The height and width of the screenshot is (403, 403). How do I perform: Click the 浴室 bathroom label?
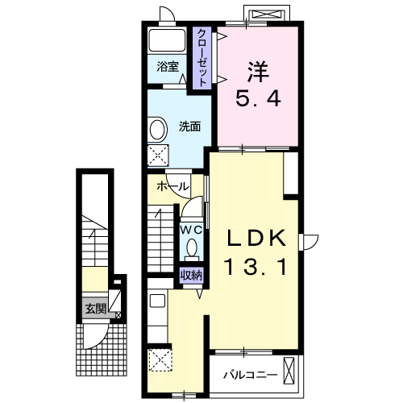point(168,67)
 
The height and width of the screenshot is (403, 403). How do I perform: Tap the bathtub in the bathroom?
point(167,40)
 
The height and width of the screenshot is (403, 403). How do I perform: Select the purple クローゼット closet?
point(202,58)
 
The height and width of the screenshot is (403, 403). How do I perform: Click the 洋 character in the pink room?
point(258,72)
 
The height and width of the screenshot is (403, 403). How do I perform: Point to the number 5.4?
point(258,98)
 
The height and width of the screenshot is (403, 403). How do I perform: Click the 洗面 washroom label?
point(190,127)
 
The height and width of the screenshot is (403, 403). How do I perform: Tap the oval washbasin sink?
point(157,130)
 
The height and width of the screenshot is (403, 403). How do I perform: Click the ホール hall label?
point(173,186)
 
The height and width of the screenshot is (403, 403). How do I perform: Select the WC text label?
point(191,230)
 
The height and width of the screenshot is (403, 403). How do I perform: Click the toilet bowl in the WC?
point(192,248)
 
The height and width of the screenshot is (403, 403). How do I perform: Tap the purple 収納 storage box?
point(191,276)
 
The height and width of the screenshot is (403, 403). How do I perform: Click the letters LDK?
point(256,239)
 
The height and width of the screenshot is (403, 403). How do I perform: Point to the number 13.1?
point(256,267)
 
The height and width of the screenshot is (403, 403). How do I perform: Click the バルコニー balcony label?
point(250,375)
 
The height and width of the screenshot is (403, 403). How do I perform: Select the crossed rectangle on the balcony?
point(289,371)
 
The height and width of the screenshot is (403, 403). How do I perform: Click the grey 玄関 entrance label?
point(96,309)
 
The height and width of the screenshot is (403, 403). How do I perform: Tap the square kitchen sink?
point(157,301)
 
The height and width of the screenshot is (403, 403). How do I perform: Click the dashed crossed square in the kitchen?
point(160,360)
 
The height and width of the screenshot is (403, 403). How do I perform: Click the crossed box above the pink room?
point(266,14)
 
